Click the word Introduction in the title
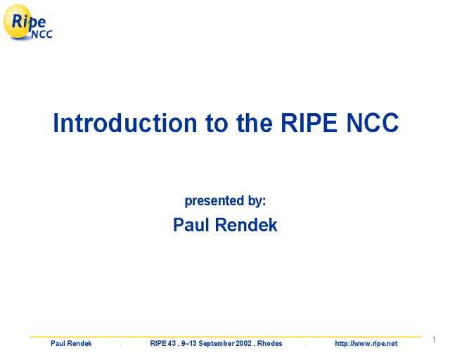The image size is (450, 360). pos(125,123)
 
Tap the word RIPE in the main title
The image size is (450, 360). pos(309,123)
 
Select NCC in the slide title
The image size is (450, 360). pos(373,123)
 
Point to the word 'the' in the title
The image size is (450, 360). pos(255,123)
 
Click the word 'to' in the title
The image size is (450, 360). pos(217,124)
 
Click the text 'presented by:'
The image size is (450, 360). pos(225,200)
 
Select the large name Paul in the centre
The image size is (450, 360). pos(191,224)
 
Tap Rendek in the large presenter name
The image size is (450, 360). pos(246,224)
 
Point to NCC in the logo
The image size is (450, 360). pos(41,34)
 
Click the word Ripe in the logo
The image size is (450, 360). pos(28,22)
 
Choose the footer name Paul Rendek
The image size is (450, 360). pos(71,343)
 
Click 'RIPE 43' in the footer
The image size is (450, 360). pos(162,343)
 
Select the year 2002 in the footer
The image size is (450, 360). pos(243,343)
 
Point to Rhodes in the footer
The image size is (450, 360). pos(269,343)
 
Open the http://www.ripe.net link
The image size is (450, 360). pos(366,344)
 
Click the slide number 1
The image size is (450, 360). pos(434,340)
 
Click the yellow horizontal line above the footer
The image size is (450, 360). pos(226,337)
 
